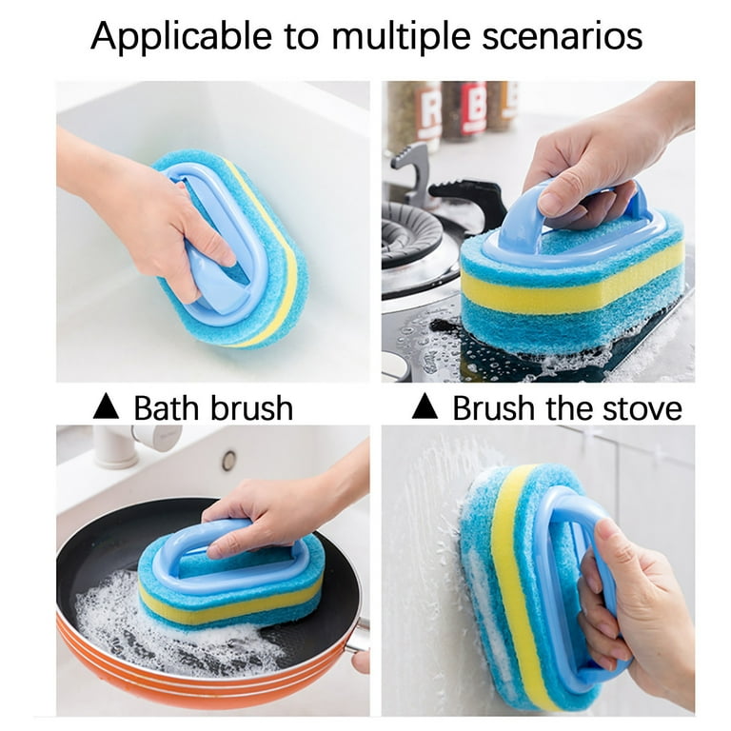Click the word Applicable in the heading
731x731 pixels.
(182, 37)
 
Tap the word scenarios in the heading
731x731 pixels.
(563, 36)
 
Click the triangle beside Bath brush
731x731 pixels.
(106, 406)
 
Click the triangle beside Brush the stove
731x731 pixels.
(425, 405)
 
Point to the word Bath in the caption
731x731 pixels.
(168, 407)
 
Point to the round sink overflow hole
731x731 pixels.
(228, 461)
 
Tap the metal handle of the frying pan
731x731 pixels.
(358, 635)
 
